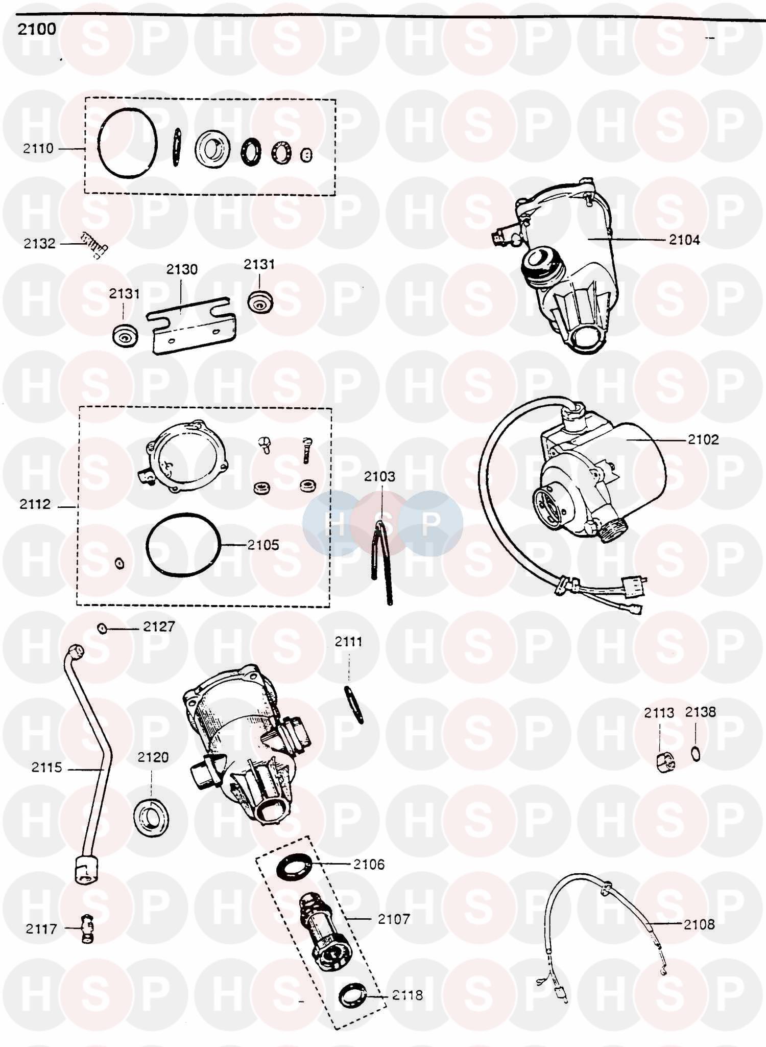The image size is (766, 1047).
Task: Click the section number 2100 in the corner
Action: pyautogui.click(x=37, y=29)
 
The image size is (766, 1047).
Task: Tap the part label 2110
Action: pyautogui.click(x=38, y=149)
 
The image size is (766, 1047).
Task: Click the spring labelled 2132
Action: pyautogui.click(x=95, y=245)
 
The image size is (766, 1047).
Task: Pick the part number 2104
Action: pyautogui.click(x=684, y=240)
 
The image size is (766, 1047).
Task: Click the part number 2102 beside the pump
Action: pyautogui.click(x=703, y=439)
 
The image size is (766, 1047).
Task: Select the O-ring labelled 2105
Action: pyautogui.click(x=183, y=545)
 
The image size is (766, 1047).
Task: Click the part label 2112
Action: pyautogui.click(x=35, y=504)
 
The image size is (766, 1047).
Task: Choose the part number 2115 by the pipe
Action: pyautogui.click(x=46, y=767)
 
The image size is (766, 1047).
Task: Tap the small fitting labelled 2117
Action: pyautogui.click(x=87, y=928)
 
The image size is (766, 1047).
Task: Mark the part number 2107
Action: pyautogui.click(x=394, y=919)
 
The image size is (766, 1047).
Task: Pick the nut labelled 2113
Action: pyautogui.click(x=665, y=761)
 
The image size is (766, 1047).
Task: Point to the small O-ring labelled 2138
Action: pyautogui.click(x=696, y=754)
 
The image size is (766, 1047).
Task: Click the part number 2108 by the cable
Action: pyautogui.click(x=699, y=924)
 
